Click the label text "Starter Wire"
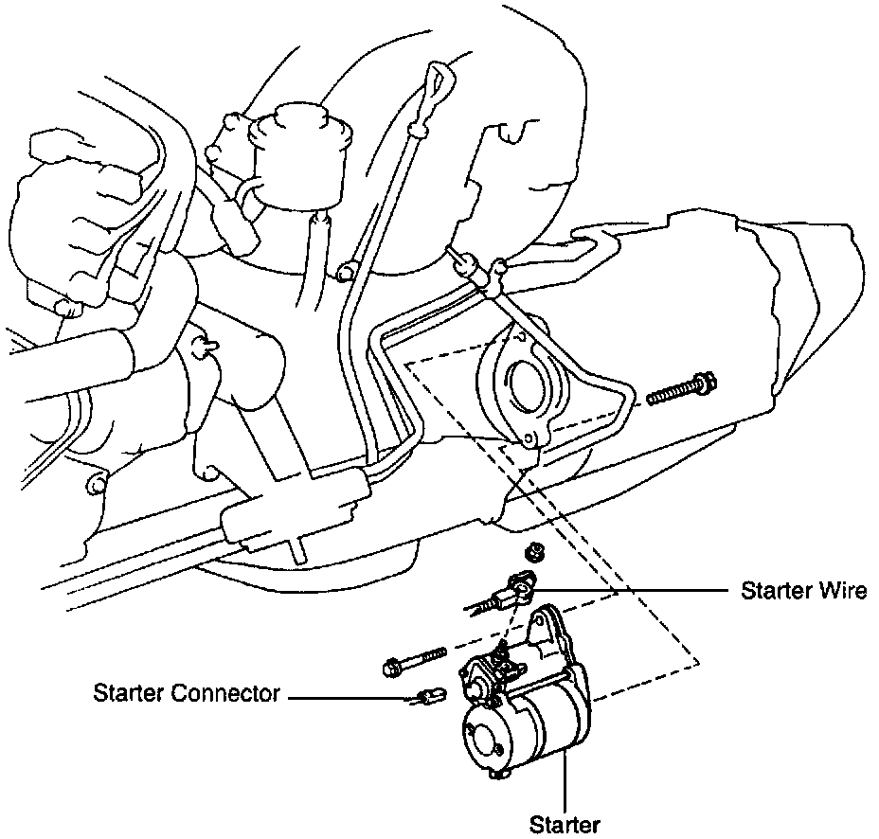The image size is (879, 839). [803, 591]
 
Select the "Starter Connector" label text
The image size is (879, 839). [187, 694]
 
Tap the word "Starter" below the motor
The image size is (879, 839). [565, 825]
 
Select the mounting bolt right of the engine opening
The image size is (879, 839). [680, 388]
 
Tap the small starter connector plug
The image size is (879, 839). [427, 699]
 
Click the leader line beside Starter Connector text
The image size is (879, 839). [350, 699]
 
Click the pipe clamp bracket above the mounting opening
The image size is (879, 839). [481, 270]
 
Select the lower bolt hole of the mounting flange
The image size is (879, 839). [529, 438]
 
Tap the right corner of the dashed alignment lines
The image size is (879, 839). [698, 660]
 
